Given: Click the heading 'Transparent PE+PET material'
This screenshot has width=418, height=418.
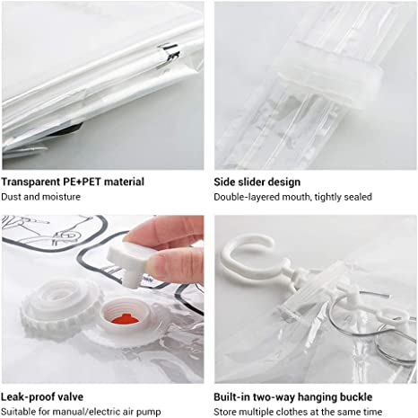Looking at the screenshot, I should click(x=73, y=182).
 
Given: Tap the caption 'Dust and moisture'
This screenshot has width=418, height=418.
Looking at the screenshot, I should click(x=41, y=196).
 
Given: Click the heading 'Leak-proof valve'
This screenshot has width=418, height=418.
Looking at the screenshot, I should click(x=43, y=396).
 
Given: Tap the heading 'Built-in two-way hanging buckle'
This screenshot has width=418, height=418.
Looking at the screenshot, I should click(x=292, y=396).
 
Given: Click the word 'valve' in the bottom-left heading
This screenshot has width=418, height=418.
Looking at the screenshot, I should click(x=70, y=396).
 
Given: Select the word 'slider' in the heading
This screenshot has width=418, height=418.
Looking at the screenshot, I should click(x=255, y=182).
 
